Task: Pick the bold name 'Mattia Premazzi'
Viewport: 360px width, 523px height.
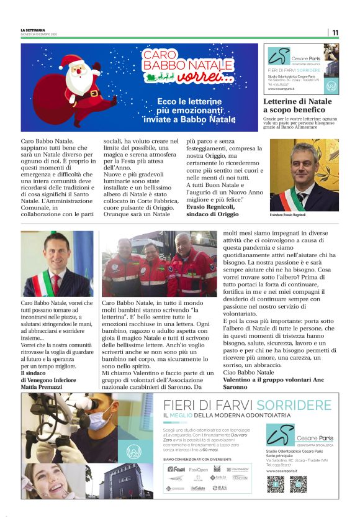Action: (x=43, y=386)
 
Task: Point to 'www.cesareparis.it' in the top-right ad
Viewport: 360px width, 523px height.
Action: (x=281, y=89)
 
